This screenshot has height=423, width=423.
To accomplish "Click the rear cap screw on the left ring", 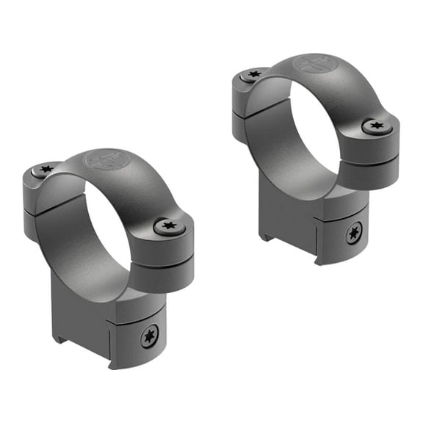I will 46,170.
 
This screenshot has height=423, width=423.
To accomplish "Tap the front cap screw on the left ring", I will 165,226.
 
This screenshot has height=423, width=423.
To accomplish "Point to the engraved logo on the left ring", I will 98,159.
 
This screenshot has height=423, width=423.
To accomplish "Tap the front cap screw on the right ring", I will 376,126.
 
